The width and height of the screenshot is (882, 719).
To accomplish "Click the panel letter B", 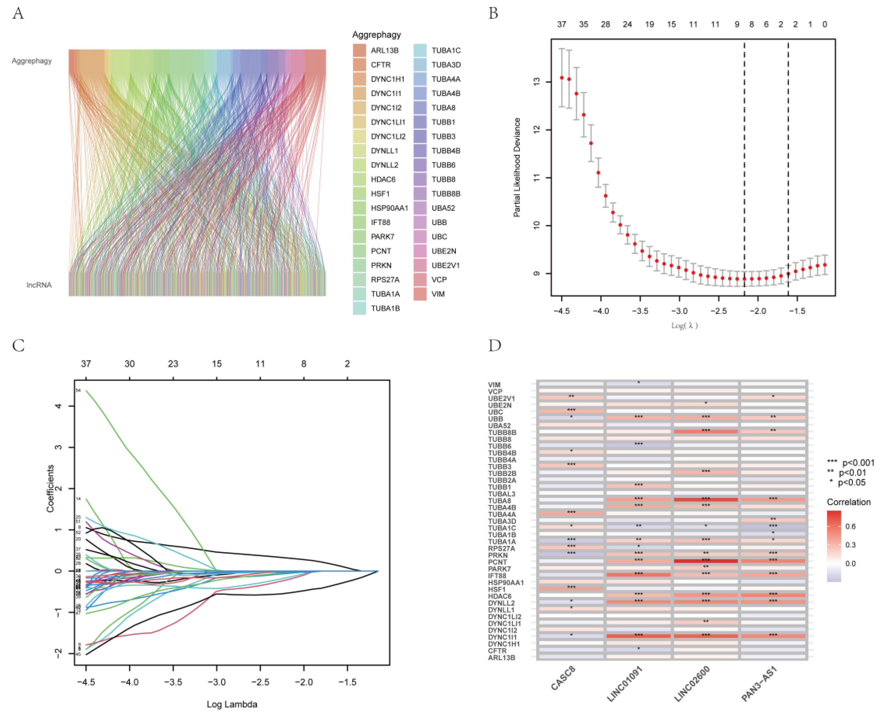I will (x=493, y=13).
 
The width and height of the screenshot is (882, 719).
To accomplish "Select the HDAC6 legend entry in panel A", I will (x=383, y=179).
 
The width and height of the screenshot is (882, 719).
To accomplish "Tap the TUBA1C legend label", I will (x=446, y=51).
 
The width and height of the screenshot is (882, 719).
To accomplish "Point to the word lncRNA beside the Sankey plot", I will (x=39, y=285).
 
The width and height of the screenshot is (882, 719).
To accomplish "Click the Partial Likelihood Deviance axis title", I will (x=517, y=167).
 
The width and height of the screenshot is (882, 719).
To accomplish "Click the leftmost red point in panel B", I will (x=562, y=78).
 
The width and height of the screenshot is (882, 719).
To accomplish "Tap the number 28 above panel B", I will (x=605, y=25).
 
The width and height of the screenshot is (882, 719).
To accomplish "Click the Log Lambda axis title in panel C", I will (x=232, y=704).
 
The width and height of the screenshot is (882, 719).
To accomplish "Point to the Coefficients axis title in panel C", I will (x=50, y=489).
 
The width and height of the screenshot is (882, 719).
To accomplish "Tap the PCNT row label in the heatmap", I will (x=497, y=562).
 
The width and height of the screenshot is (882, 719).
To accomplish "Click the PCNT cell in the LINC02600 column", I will (x=705, y=561).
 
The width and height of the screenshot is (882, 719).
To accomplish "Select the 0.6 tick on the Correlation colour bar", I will (x=850, y=527).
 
